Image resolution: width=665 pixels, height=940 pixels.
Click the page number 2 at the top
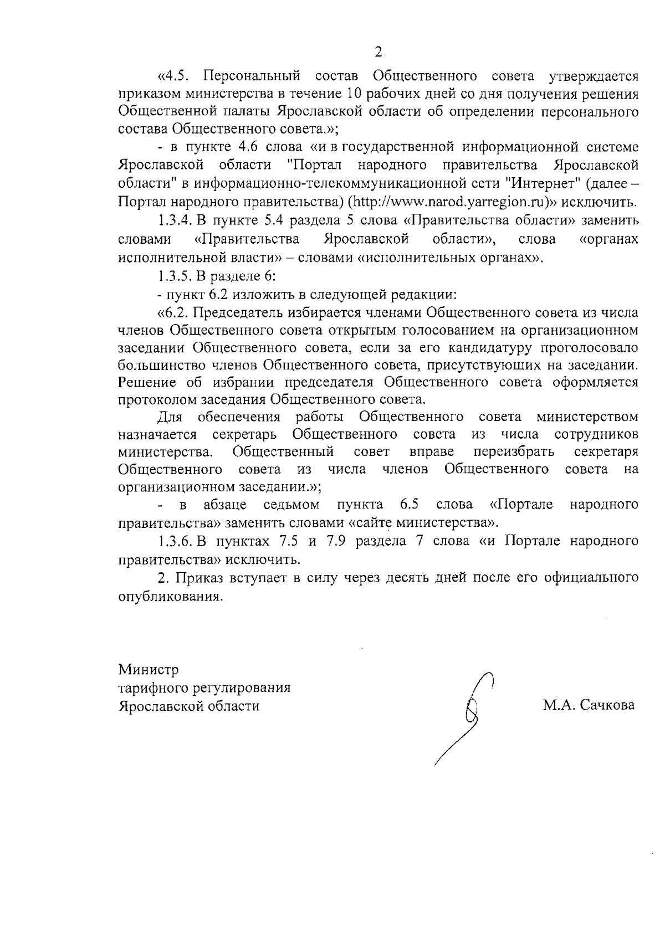pos(378,52)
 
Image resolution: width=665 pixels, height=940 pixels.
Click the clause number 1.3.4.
pos(175,220)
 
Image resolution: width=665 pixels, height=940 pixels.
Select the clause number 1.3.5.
pos(175,275)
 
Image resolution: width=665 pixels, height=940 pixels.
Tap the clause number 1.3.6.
pos(175,541)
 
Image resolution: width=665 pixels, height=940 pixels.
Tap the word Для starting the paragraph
pos(170,417)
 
